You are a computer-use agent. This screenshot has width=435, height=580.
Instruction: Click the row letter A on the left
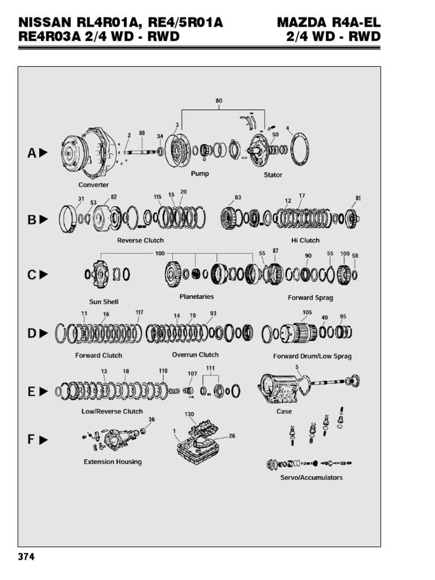point(32,152)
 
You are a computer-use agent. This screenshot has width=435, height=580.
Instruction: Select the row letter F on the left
point(32,439)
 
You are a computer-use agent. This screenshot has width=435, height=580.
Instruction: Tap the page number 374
point(26,557)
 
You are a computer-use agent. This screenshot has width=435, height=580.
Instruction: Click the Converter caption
point(93,185)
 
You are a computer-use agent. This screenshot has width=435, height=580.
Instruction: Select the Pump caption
point(199,174)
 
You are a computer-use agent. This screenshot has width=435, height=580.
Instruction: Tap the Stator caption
point(272,175)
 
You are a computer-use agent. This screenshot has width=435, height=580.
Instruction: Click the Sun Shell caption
point(104,302)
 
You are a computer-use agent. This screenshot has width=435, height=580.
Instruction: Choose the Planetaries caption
point(196,296)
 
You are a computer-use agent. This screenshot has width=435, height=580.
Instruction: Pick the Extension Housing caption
point(113,462)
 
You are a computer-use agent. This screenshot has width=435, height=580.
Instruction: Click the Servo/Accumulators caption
point(312,477)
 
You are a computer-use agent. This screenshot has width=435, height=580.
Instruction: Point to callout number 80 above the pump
point(219,101)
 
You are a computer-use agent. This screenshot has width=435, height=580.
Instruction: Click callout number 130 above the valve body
point(189,414)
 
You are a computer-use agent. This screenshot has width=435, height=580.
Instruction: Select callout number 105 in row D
point(306,312)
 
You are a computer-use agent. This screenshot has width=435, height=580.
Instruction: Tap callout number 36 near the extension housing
point(151,420)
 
